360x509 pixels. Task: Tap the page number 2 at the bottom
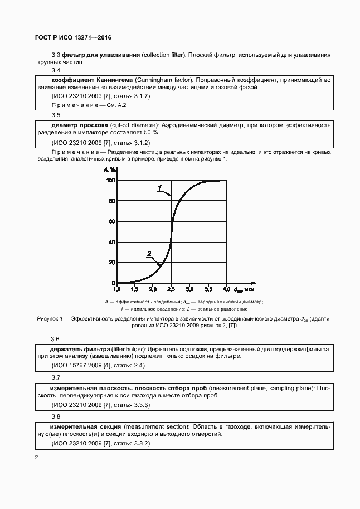coord(36,458)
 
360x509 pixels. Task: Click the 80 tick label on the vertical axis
coord(111,201)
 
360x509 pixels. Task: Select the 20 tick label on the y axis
coord(111,263)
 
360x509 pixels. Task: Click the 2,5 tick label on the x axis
coord(171,290)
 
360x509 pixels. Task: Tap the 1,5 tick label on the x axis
coord(134,290)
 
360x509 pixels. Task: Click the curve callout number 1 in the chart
coord(159,188)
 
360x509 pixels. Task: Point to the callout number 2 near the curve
coord(149,254)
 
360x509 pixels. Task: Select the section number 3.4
coord(56,71)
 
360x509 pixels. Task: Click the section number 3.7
coord(56,378)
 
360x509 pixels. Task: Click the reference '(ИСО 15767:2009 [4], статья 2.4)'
coord(98,365)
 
